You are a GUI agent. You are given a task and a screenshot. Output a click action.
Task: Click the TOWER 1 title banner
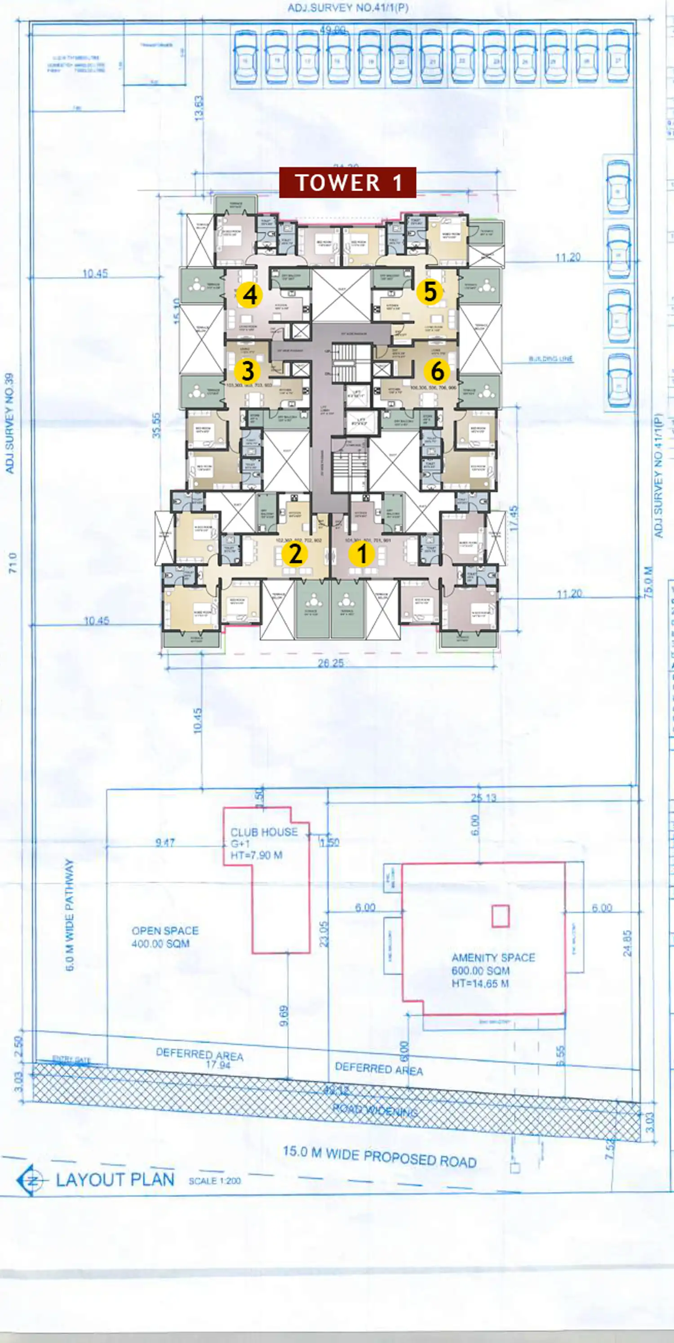347,183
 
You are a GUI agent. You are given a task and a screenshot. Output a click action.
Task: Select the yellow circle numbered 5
430,291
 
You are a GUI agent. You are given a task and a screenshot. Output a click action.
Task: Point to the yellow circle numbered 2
295,553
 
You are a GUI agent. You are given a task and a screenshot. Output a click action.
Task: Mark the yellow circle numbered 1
361,553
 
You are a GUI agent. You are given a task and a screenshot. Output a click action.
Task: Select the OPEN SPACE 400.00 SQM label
164,937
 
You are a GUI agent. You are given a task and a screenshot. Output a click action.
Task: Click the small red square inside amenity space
500,916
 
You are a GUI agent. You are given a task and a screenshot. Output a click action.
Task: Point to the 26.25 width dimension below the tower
330,663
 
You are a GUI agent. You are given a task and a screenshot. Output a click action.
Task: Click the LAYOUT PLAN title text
115,1180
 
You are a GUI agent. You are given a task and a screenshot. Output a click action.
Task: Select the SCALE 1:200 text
215,1181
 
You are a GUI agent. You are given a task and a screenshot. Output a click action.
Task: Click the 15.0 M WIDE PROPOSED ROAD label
379,1157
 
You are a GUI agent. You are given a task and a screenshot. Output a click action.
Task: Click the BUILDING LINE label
550,359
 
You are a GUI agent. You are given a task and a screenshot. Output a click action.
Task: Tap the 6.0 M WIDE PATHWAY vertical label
69,914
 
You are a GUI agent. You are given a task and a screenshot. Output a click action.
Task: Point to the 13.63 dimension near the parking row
199,108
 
